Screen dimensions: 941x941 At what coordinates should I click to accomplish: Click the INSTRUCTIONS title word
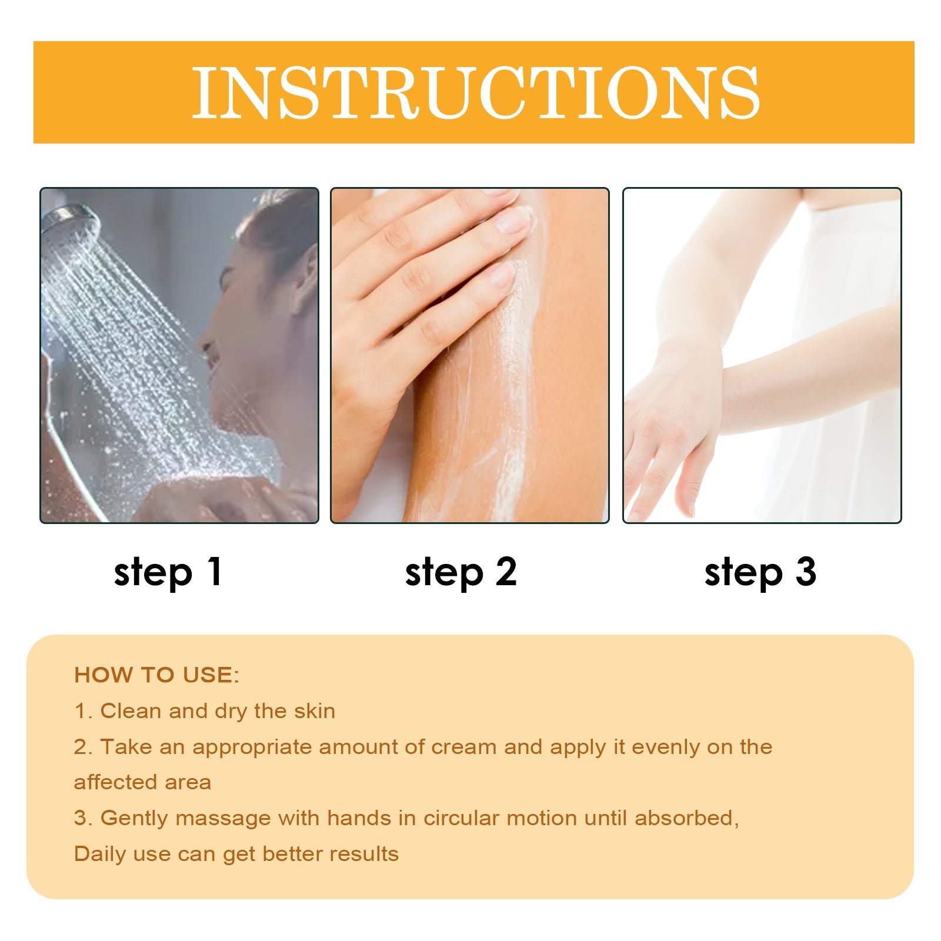[x=476, y=92]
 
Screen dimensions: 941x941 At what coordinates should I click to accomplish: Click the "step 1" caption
[x=168, y=572]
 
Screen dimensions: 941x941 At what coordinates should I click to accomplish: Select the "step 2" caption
[x=461, y=572]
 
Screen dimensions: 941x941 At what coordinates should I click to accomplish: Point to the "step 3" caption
[x=760, y=572]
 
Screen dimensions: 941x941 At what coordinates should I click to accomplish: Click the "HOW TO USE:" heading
[x=157, y=675]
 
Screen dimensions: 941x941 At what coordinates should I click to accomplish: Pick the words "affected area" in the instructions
[x=142, y=783]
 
